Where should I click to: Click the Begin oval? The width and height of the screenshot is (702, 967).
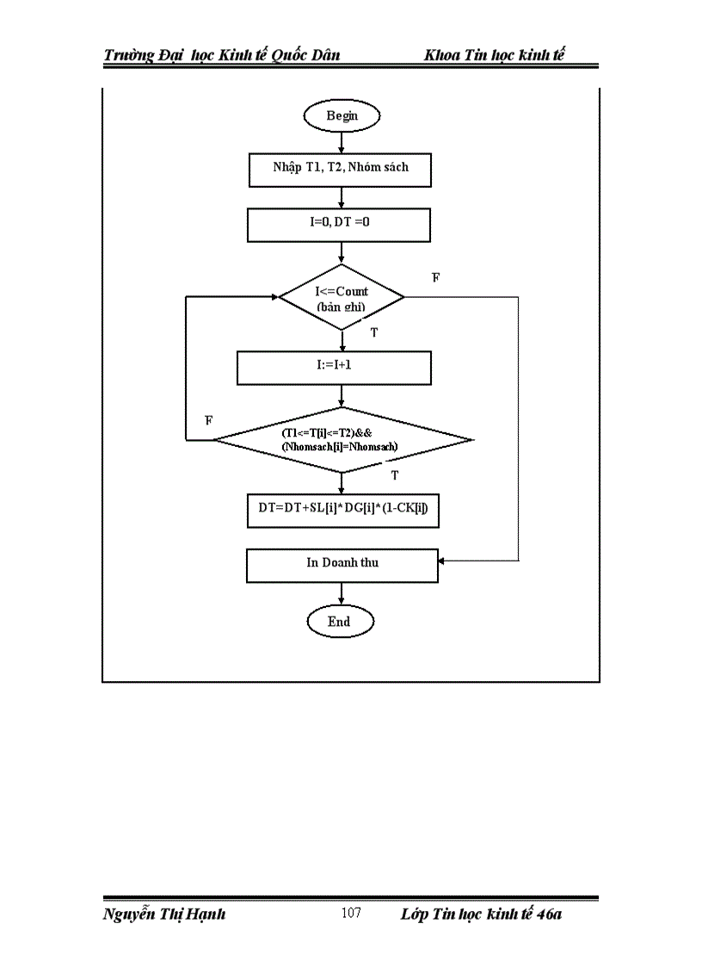[x=342, y=115]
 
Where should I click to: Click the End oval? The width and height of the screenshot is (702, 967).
[x=340, y=621]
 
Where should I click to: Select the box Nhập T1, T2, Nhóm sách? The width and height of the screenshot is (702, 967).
[x=341, y=168]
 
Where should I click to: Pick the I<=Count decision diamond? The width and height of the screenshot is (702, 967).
[x=342, y=298]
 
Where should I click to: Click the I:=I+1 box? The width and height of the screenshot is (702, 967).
[x=334, y=365]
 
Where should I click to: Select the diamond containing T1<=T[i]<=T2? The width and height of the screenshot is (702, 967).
[x=342, y=440]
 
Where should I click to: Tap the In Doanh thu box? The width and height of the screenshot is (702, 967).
[x=342, y=563]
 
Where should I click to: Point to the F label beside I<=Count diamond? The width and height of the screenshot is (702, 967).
[x=435, y=277]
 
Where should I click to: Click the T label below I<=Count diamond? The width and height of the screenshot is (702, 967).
[x=373, y=331]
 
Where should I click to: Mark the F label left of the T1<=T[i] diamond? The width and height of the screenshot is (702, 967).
[x=208, y=419]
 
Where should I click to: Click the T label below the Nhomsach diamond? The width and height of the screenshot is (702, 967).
[x=394, y=474]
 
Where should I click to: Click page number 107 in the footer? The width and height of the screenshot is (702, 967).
[x=351, y=914]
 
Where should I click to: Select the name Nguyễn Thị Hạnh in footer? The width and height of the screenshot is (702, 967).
[x=164, y=914]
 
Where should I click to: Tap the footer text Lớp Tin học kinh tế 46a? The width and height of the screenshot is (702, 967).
[x=481, y=914]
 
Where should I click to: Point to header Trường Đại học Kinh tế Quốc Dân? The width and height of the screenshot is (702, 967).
[x=222, y=56]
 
